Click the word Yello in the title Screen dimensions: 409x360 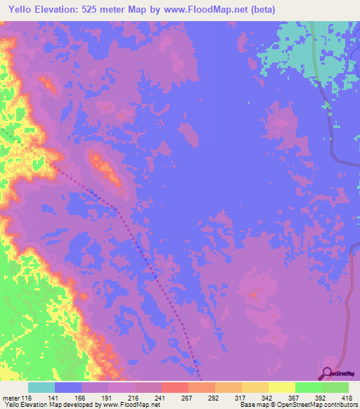click(22, 10)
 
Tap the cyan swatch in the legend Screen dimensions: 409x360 click(41, 387)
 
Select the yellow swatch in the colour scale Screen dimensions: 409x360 click(281, 387)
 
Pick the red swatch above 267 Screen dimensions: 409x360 click(174, 387)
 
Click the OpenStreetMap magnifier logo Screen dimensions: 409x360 click(327, 375)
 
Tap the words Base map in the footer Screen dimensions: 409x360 click(251, 405)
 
